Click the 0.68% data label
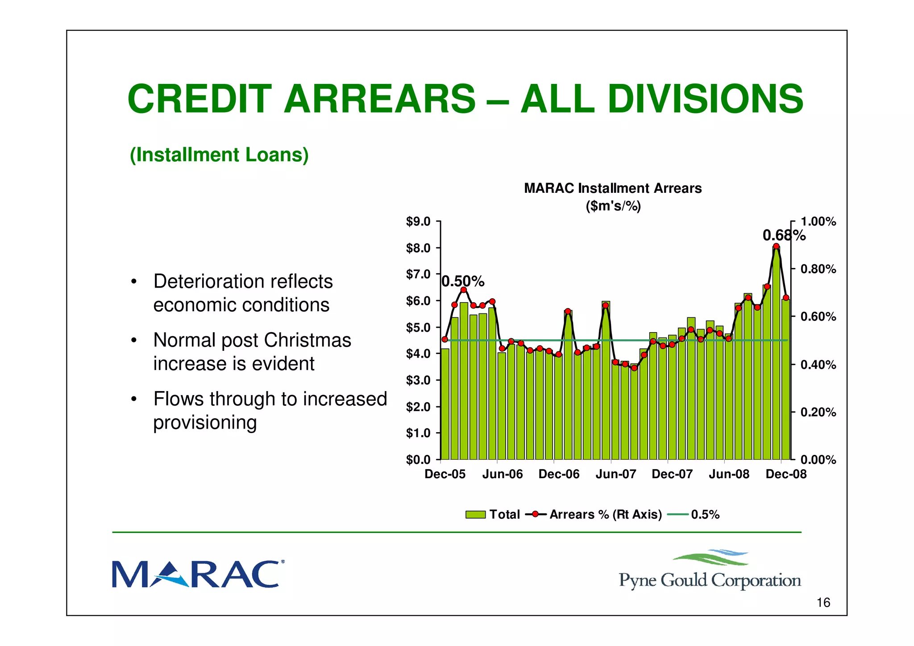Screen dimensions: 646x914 784,235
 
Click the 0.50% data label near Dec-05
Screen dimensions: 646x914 463,282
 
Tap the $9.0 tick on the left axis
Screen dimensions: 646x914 418,222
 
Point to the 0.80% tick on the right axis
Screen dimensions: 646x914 818,269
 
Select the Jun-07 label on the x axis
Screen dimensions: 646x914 615,474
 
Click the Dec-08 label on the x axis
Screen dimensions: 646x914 786,474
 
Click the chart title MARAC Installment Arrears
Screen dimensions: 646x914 613,188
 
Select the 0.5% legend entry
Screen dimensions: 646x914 694,515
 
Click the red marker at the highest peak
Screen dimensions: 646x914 776,246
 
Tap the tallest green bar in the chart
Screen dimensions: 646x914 776,357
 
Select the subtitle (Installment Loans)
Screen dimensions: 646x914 219,155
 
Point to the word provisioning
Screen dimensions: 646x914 205,422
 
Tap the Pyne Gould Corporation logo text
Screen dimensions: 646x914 710,580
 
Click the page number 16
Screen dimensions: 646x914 823,603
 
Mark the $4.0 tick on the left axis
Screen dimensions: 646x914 418,354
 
